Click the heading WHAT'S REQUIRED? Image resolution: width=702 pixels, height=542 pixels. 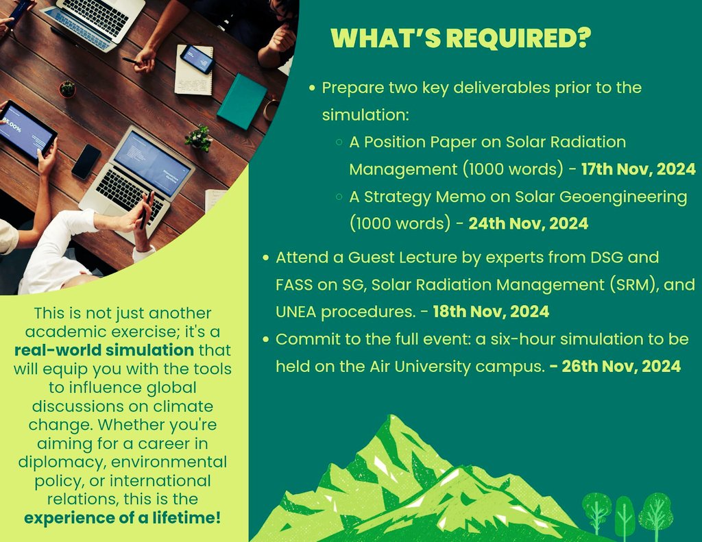click(460, 38)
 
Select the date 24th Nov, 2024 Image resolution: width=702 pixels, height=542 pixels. click(528, 223)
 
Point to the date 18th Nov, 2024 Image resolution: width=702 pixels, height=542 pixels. click(491, 312)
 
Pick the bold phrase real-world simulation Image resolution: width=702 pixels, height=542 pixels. click(104, 351)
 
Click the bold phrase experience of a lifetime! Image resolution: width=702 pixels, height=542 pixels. click(123, 517)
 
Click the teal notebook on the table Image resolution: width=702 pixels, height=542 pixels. click(242, 101)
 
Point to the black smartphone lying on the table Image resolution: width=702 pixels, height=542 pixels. click(86, 162)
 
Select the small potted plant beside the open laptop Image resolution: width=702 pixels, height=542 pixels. click(199, 137)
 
